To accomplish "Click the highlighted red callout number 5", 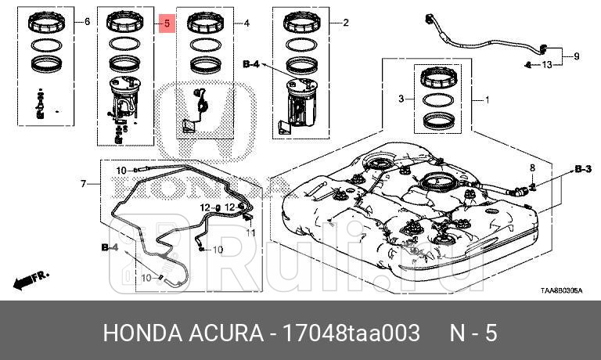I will pyautogui.click(x=166, y=23).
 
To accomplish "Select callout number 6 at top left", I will pyautogui.click(x=87, y=23).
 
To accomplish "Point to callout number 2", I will pyautogui.click(x=345, y=23).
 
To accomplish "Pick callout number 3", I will pyautogui.click(x=401, y=99).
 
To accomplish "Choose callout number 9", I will pyautogui.click(x=577, y=56).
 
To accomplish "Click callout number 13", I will pyautogui.click(x=547, y=64).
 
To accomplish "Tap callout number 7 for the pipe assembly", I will pyautogui.click(x=85, y=184).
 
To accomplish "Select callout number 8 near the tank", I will pyautogui.click(x=531, y=168).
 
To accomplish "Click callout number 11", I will pyautogui.click(x=252, y=232).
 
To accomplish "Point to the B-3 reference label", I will pyautogui.click(x=581, y=169).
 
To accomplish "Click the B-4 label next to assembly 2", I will pyautogui.click(x=254, y=63).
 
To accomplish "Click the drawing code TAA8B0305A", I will pyautogui.click(x=561, y=290).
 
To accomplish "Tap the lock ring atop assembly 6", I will pyautogui.click(x=45, y=23).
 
